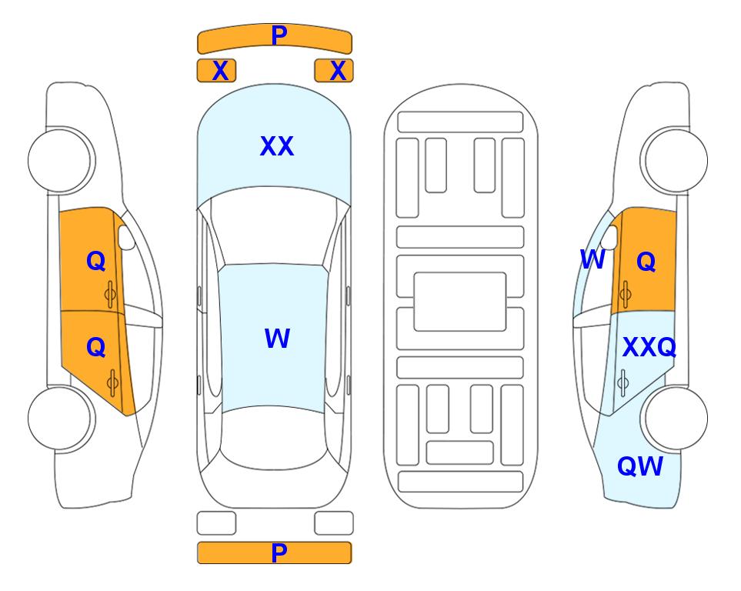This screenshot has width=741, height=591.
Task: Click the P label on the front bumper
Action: [x=279, y=35]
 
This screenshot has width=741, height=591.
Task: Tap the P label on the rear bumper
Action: [x=279, y=553]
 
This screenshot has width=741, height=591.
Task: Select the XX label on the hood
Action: [x=277, y=146]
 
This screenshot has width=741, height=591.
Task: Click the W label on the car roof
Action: [x=277, y=338]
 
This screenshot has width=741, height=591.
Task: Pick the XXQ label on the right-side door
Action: [x=649, y=348]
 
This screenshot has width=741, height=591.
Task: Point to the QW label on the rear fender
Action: [x=640, y=466]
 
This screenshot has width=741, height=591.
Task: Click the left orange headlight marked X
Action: [x=216, y=71]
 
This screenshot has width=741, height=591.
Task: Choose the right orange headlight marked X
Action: [x=334, y=71]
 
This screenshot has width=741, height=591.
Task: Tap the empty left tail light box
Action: [x=216, y=523]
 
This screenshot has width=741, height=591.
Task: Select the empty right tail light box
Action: [x=334, y=523]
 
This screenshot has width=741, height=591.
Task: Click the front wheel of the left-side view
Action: [x=62, y=160]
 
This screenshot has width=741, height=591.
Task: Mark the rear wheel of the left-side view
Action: [x=62, y=418]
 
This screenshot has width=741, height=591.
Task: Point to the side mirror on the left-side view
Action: [x=126, y=238]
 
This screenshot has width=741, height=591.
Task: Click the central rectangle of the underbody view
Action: [x=460, y=302]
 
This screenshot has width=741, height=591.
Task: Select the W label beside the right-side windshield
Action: [x=592, y=259]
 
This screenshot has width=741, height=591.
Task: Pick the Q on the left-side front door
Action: [x=96, y=261]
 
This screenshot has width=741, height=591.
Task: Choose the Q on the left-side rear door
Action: [x=96, y=348]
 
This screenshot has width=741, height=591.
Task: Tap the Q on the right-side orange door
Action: [x=646, y=262]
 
